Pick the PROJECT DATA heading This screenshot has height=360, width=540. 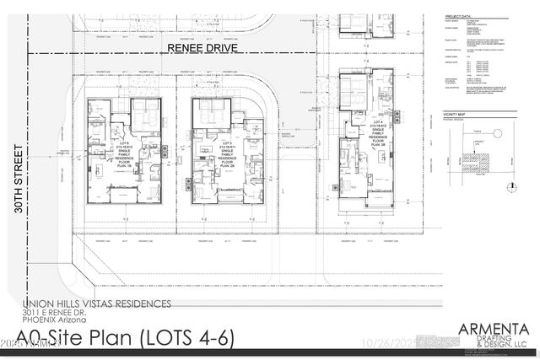click(456, 15)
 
